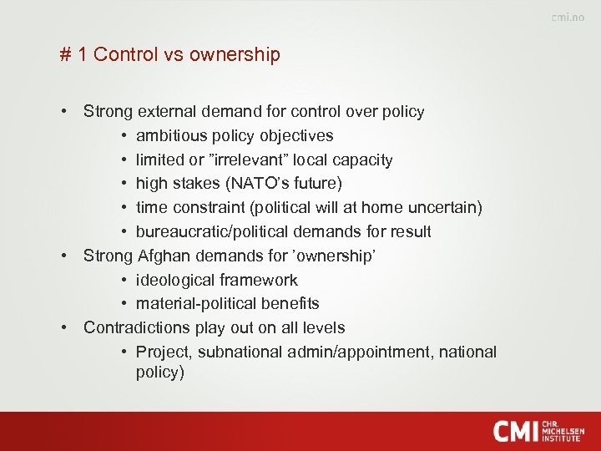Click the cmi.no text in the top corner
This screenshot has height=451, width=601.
pyautogui.click(x=568, y=18)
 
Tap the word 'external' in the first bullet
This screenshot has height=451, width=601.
pyautogui.click(x=166, y=111)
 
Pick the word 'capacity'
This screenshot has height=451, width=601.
pyautogui.click(x=361, y=160)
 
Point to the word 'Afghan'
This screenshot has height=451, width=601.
pyautogui.click(x=162, y=256)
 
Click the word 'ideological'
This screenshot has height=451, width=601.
pyautogui.click(x=174, y=280)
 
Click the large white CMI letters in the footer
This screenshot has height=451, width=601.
pyautogui.click(x=515, y=431)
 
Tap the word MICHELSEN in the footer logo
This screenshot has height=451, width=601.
pyautogui.click(x=563, y=431)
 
